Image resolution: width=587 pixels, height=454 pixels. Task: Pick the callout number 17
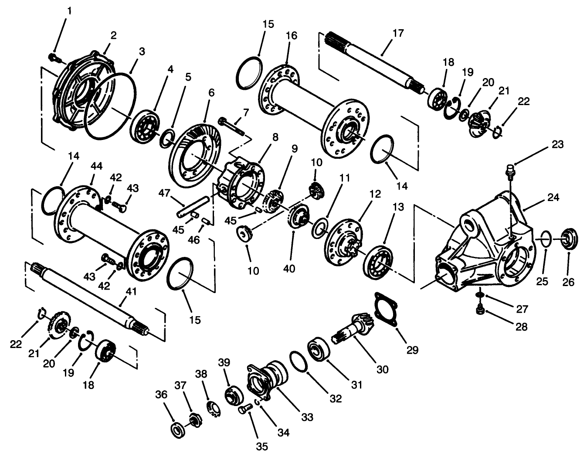[x=398, y=33]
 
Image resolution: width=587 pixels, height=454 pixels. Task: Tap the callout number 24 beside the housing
[x=553, y=197]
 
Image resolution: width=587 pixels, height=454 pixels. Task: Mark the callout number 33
[x=307, y=417]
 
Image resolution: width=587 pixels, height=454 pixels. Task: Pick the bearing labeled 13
[x=376, y=260]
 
